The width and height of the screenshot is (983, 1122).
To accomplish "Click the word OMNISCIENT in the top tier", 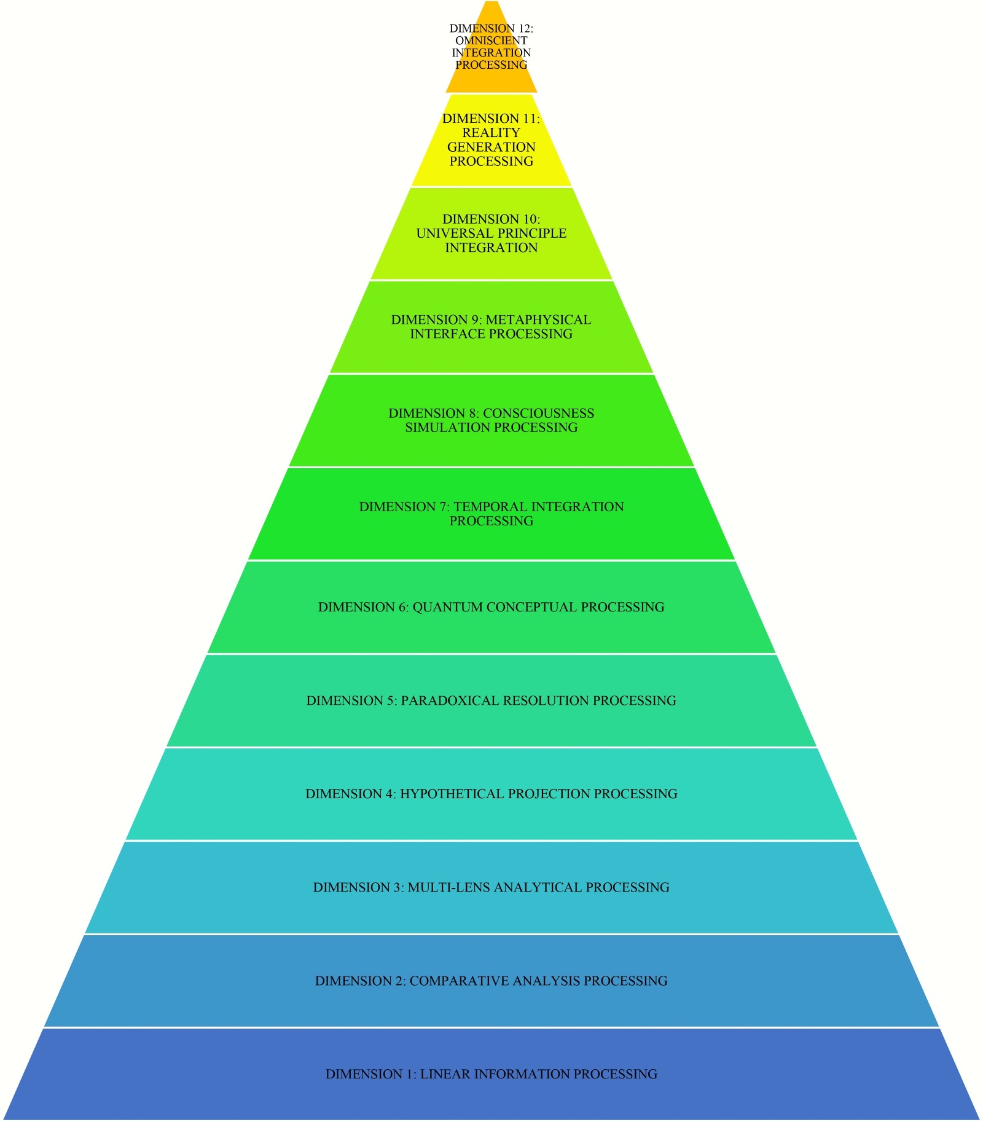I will [x=491, y=41].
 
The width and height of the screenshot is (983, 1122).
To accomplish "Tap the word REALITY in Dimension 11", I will [x=491, y=133].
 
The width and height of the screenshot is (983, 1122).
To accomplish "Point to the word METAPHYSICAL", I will [x=538, y=320].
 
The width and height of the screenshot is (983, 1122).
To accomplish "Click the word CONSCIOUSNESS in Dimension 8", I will [x=538, y=414].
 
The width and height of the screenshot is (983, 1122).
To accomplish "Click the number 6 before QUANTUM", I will [x=403, y=607].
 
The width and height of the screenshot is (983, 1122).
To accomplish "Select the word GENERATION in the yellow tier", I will [x=491, y=147].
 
